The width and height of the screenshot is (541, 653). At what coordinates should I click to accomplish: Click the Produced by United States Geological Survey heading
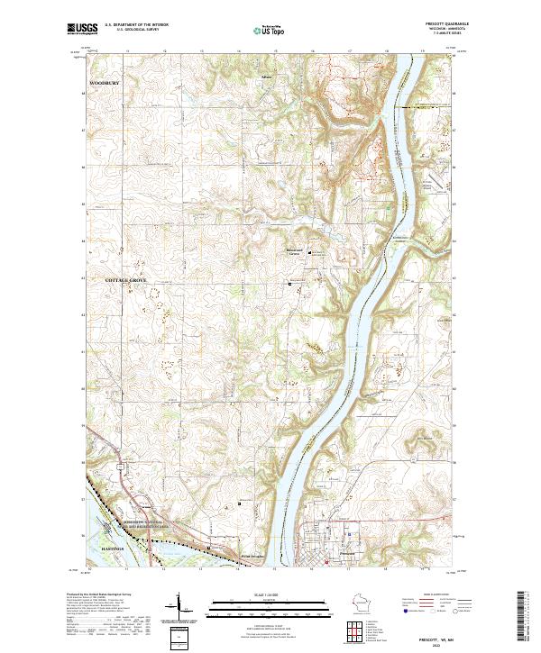(99, 594)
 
